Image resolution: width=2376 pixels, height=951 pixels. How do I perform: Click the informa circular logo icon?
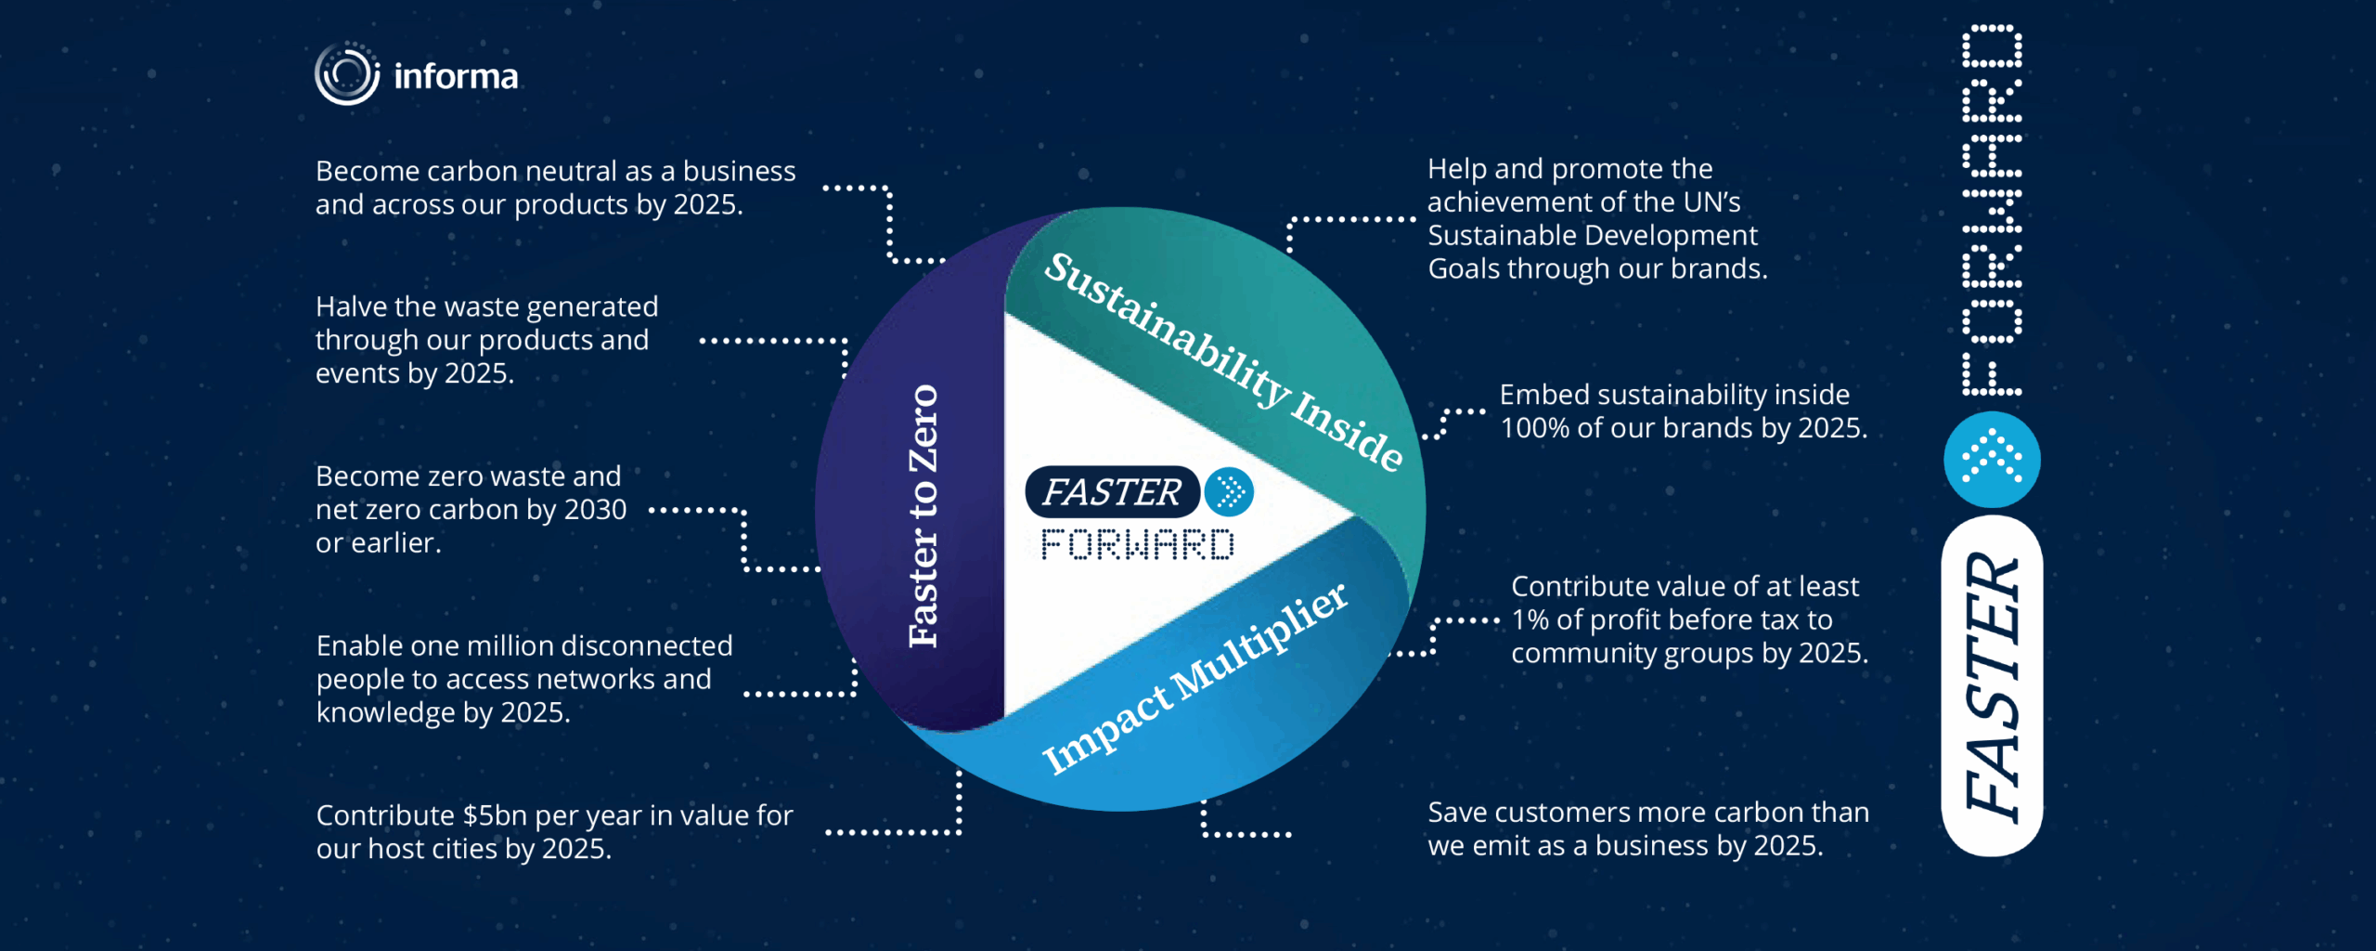347,74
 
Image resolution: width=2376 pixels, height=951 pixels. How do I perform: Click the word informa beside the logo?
456,76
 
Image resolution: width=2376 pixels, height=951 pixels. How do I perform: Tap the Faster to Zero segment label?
923,516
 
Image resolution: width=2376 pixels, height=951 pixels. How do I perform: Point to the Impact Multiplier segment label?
1194,678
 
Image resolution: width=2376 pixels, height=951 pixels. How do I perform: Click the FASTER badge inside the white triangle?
1112,492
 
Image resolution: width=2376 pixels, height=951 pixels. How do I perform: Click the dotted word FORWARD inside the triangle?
1138,545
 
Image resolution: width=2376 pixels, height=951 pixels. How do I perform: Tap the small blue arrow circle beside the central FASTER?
1229,492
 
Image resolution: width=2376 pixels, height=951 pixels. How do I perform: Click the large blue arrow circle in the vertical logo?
1992,460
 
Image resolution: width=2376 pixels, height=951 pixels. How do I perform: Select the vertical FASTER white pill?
1992,685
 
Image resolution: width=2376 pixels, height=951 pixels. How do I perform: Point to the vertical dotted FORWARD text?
1992,210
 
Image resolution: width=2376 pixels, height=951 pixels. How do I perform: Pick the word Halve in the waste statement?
346,306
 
